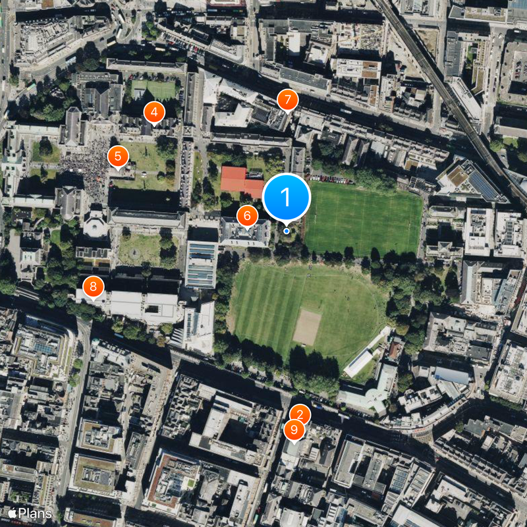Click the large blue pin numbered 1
[287, 196]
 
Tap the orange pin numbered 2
[300, 414]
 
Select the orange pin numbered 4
[154, 113]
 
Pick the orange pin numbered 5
[118, 157]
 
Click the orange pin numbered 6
[247, 215]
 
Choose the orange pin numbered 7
[287, 100]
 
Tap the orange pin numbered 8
[93, 287]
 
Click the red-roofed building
[241, 180]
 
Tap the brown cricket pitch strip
[307, 327]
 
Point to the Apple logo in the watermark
[12, 512]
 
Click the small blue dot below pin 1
[287, 231]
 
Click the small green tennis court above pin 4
[153, 88]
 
